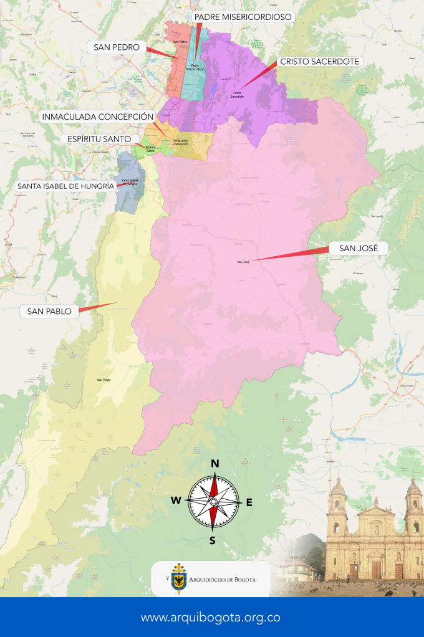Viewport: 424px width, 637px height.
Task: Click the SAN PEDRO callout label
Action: [117, 47]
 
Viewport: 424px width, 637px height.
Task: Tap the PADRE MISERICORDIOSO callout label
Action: [243, 17]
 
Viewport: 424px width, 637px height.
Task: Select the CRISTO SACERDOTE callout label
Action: [319, 62]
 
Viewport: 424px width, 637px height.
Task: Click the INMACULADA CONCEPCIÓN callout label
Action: [97, 117]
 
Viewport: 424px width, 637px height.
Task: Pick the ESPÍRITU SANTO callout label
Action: [99, 138]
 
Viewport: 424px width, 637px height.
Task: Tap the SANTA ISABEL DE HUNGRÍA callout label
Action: [65, 186]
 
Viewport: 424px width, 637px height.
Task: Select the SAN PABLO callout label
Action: [49, 310]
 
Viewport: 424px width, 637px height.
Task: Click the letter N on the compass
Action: [214, 463]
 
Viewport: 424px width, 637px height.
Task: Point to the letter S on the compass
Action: [213, 540]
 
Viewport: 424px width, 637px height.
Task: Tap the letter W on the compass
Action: [176, 501]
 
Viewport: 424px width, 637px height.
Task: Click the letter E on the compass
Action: [249, 502]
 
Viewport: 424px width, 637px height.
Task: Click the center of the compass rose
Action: [213, 501]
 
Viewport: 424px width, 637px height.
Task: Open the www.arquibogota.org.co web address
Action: [210, 618]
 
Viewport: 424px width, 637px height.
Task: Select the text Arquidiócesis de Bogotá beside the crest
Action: [221, 579]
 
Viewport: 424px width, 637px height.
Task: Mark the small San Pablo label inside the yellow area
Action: [104, 380]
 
